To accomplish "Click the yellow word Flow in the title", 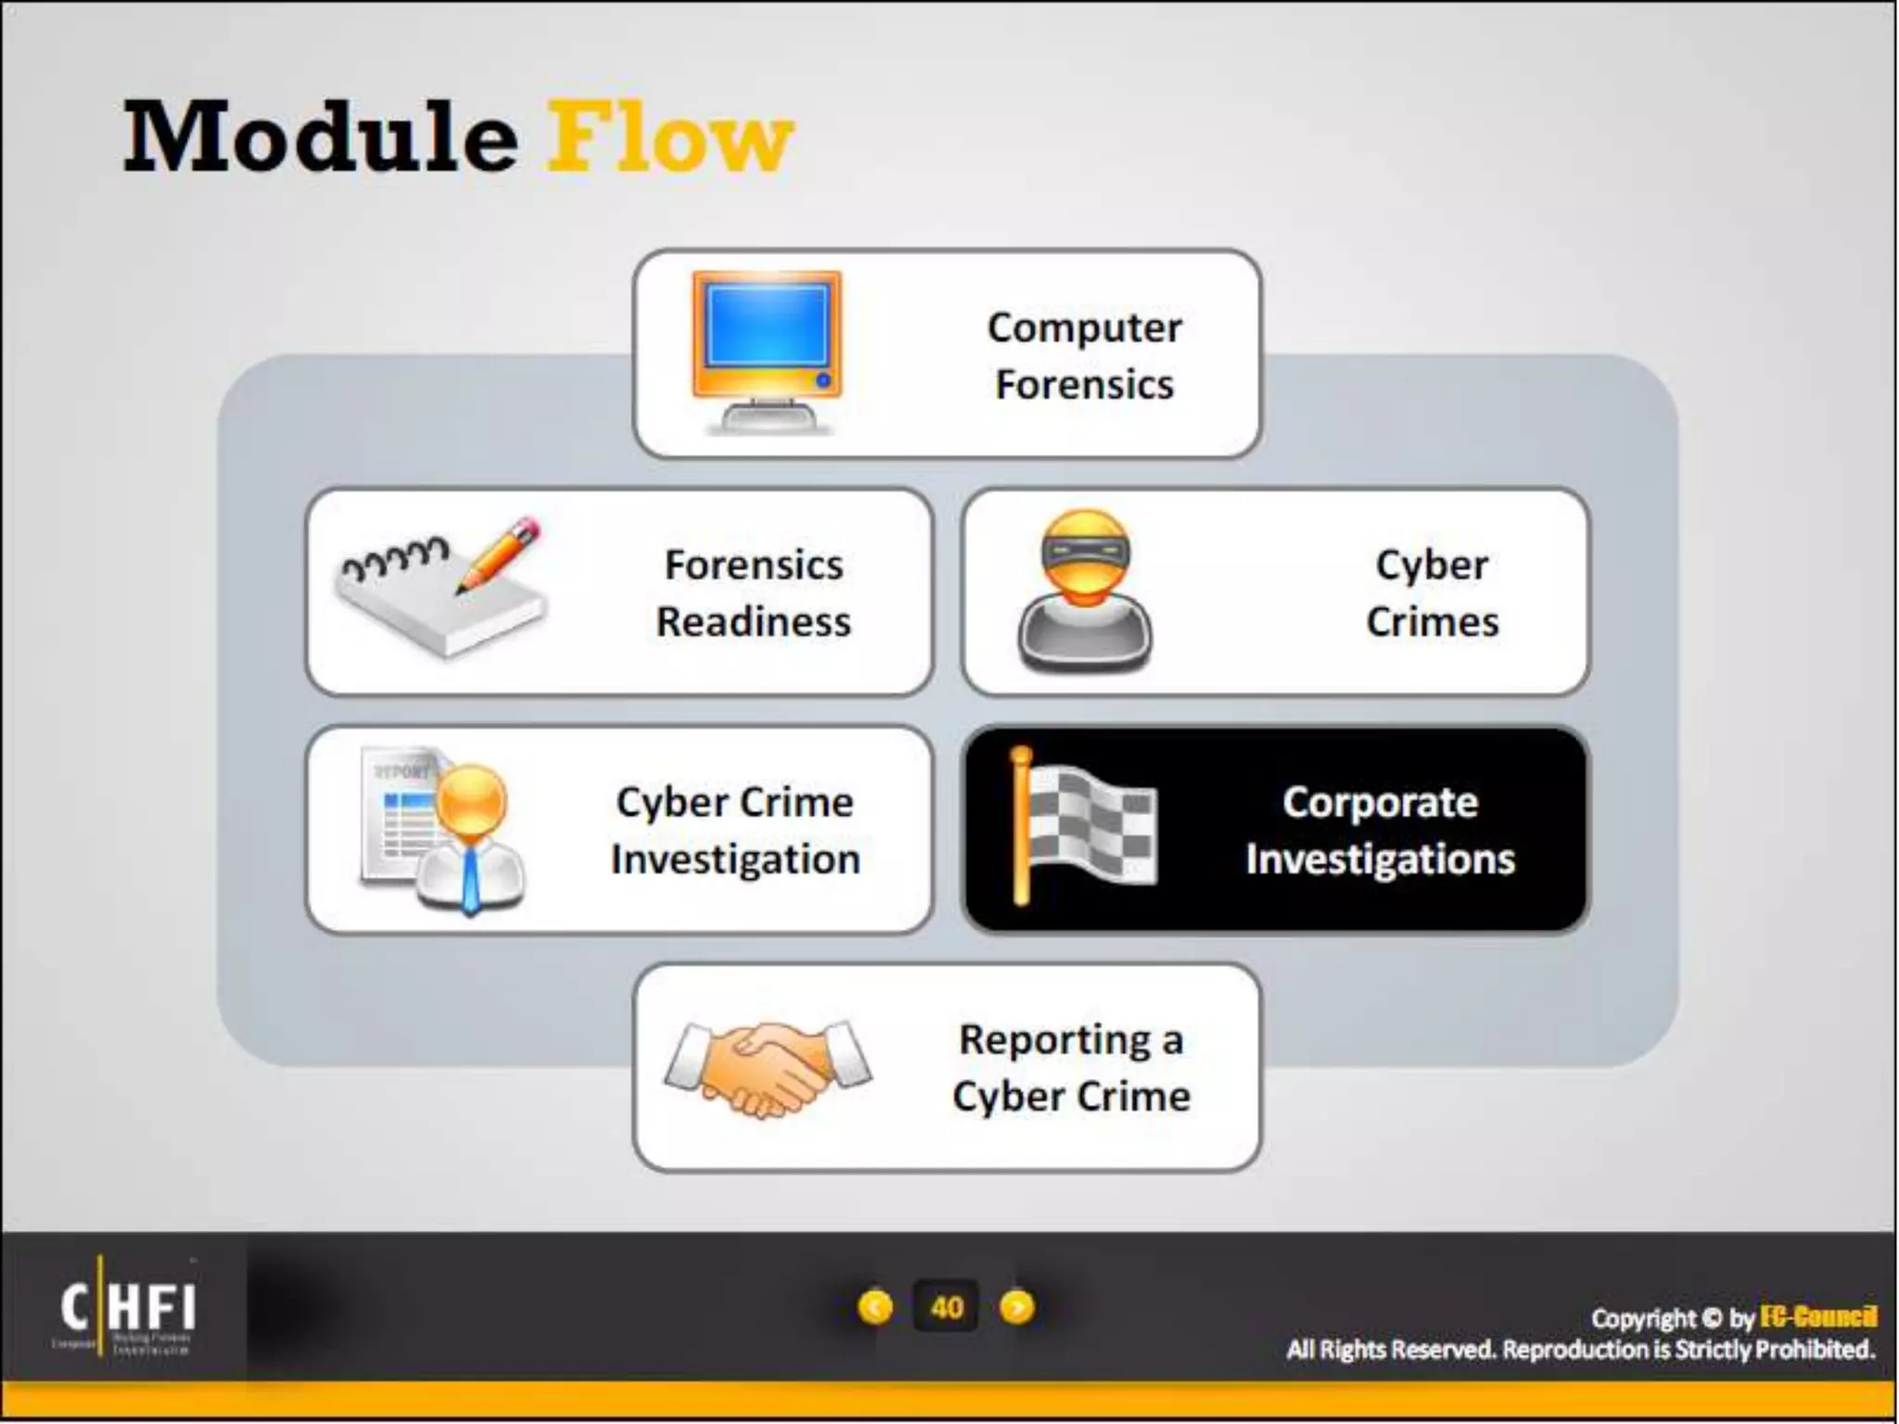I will (x=669, y=139).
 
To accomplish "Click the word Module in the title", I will (x=321, y=139).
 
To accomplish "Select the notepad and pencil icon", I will (x=441, y=588).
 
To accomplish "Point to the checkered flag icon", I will (x=1083, y=825).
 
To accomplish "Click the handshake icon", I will (x=769, y=1068).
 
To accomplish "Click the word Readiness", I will (x=753, y=622).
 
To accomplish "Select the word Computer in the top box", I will (x=1084, y=328).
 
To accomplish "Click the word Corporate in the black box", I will (x=1380, y=803).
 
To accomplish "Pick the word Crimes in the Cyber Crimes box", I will (x=1432, y=622).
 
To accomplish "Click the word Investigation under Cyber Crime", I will (x=735, y=859).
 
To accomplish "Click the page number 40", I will (x=946, y=1307).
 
